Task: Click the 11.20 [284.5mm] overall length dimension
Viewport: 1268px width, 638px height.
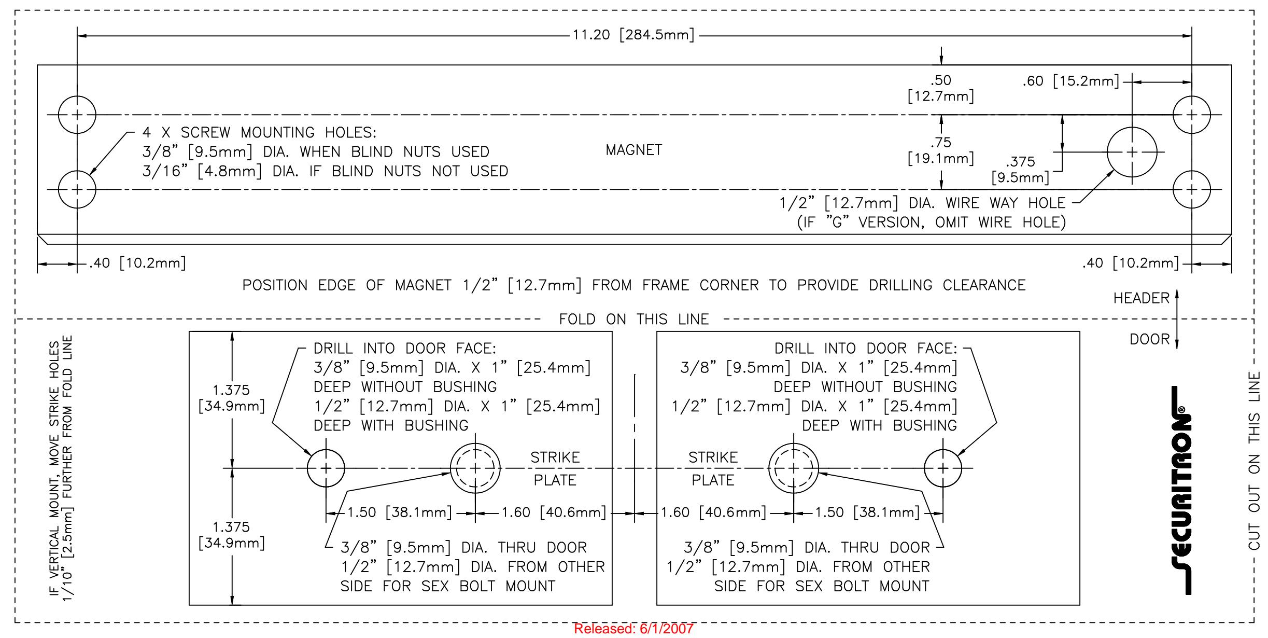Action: coord(633,35)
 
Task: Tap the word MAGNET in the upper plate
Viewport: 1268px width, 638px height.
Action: coord(633,150)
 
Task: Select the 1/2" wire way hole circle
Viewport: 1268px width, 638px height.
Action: coord(1107,152)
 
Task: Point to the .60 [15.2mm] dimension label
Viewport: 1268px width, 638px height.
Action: coord(1071,81)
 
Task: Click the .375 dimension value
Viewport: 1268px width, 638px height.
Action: coord(1020,161)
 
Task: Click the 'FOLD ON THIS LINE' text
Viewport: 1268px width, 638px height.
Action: coord(633,319)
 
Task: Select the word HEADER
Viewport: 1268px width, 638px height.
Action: coord(1142,298)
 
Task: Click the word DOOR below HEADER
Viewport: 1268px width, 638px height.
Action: coord(1150,339)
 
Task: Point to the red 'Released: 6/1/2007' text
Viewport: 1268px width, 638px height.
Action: coord(633,629)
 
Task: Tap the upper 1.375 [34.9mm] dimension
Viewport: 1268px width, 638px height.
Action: coord(231,398)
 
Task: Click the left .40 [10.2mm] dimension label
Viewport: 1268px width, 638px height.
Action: coord(137,263)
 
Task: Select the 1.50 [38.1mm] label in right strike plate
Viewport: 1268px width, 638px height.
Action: coord(867,512)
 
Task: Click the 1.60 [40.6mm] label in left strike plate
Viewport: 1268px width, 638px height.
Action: coord(553,512)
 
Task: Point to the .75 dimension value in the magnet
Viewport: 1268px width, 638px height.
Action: coord(941,142)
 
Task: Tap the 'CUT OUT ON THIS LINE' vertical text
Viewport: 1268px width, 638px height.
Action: coord(1254,461)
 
